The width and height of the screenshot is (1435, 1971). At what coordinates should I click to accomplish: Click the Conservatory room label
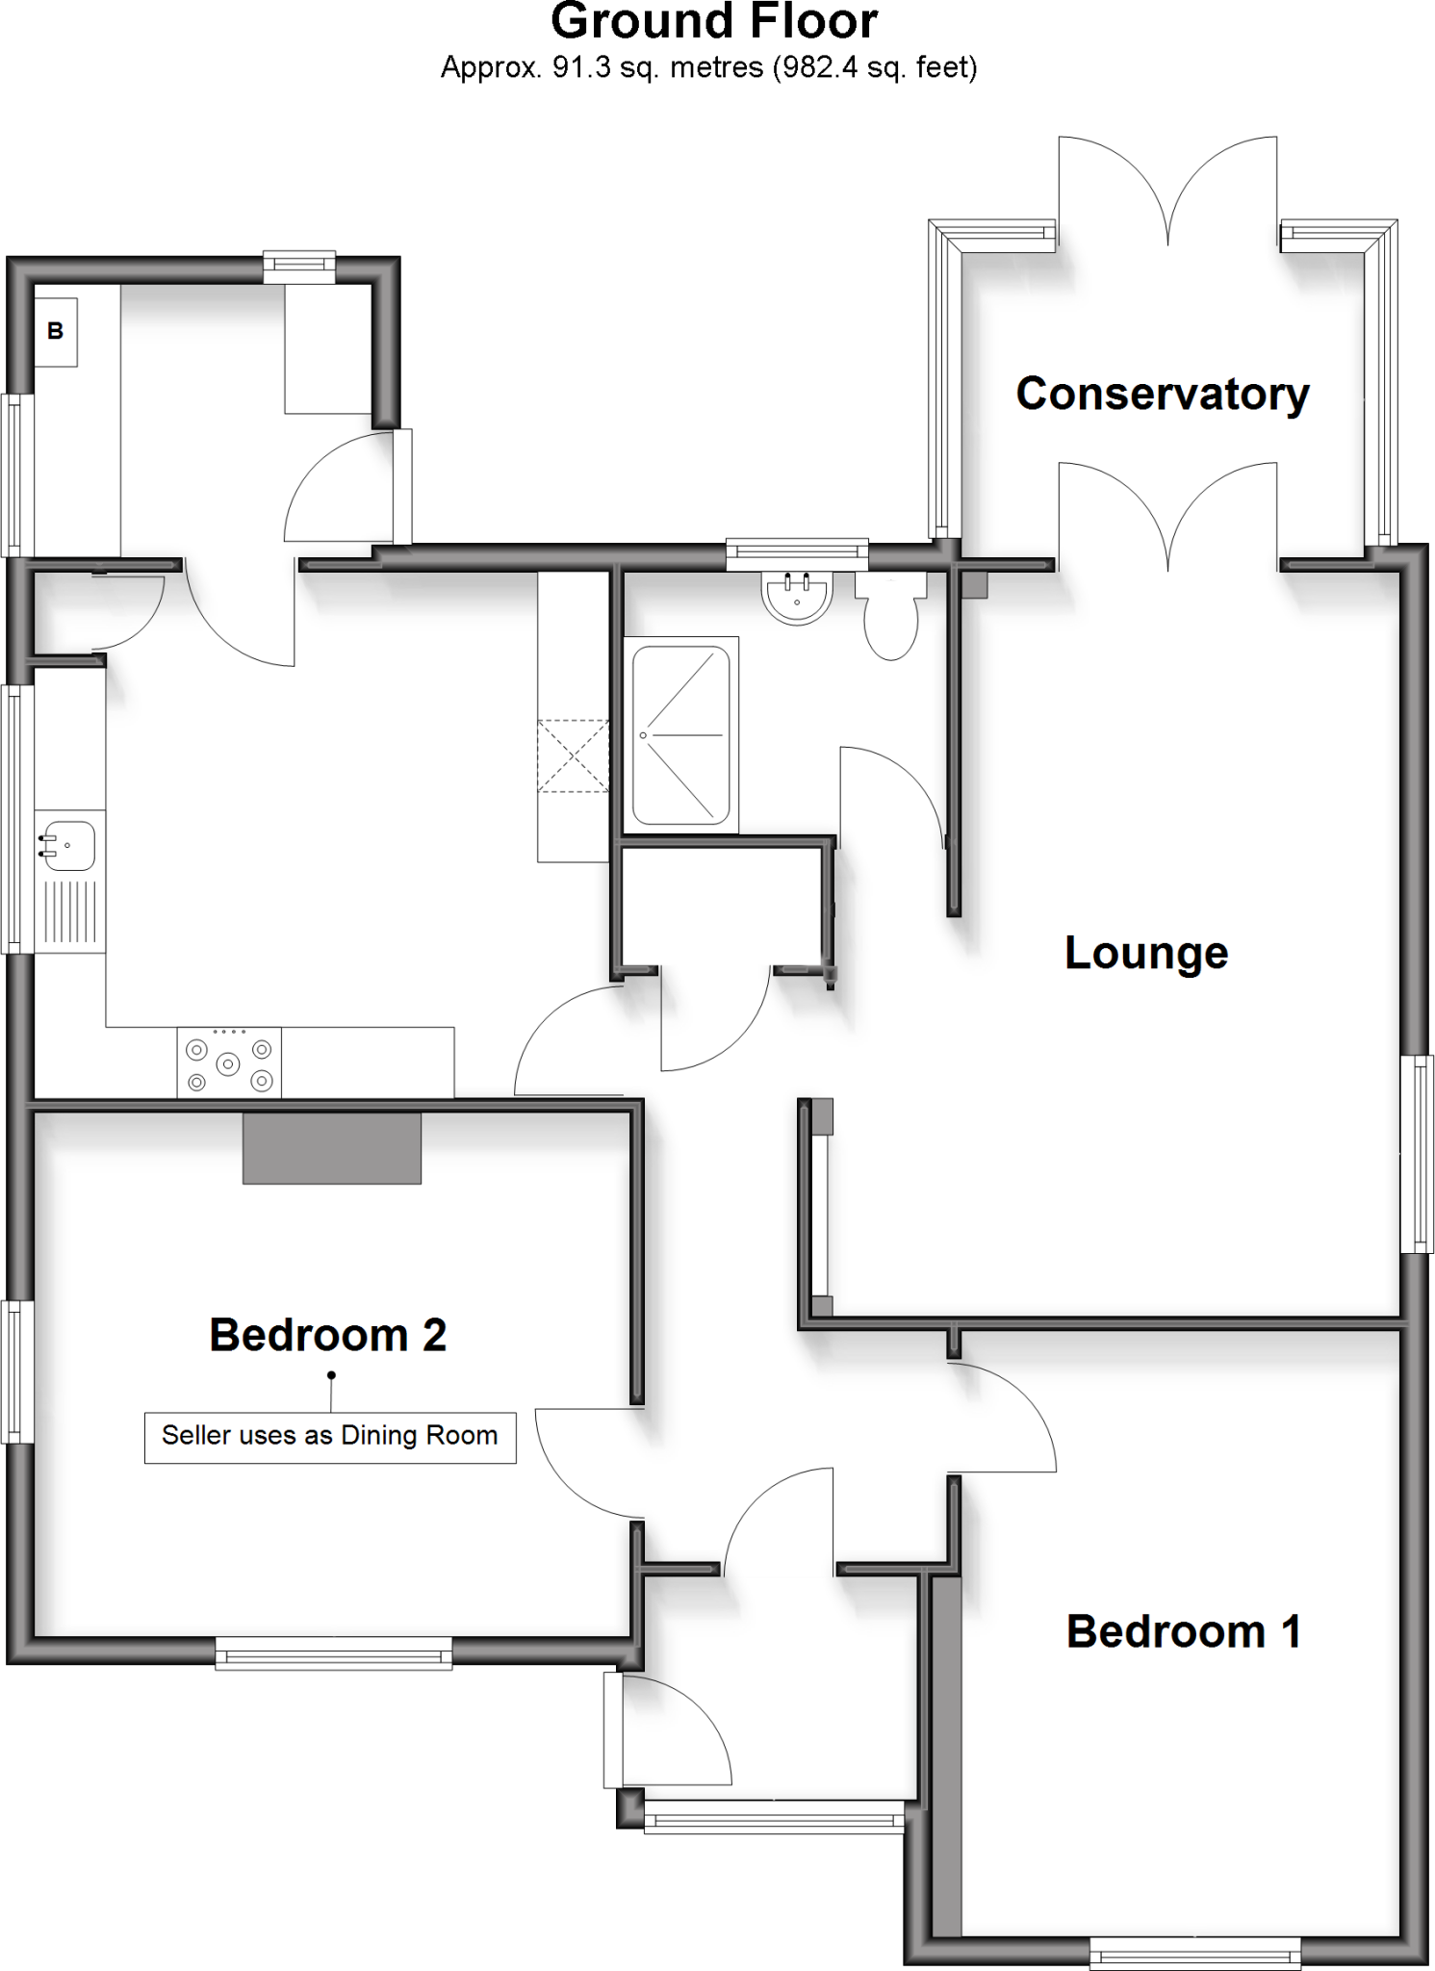[x=1162, y=394]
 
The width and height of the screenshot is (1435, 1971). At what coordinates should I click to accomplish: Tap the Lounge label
[x=1145, y=953]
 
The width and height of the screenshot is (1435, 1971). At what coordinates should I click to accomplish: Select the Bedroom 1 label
[x=1183, y=1631]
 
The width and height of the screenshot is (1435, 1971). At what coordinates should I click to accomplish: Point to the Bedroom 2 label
[x=327, y=1335]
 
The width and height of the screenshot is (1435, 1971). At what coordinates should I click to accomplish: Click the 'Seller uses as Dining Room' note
[x=329, y=1436]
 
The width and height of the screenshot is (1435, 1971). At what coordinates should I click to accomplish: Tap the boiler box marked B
[x=56, y=331]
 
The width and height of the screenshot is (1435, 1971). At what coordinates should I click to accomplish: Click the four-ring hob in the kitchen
[x=229, y=1063]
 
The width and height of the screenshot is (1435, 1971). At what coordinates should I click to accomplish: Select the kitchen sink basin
[x=68, y=844]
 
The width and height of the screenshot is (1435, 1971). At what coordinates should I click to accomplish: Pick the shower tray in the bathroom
[x=680, y=735]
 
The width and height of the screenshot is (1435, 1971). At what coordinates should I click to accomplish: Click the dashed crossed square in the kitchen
[x=573, y=755]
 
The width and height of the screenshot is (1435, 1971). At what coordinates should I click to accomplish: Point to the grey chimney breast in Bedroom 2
[x=331, y=1148]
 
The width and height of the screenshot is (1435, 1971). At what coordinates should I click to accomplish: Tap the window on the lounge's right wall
[x=1417, y=1153]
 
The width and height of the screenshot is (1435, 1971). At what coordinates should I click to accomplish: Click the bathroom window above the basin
[x=797, y=551]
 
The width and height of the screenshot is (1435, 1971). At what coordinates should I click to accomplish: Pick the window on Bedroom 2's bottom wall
[x=333, y=1656]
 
